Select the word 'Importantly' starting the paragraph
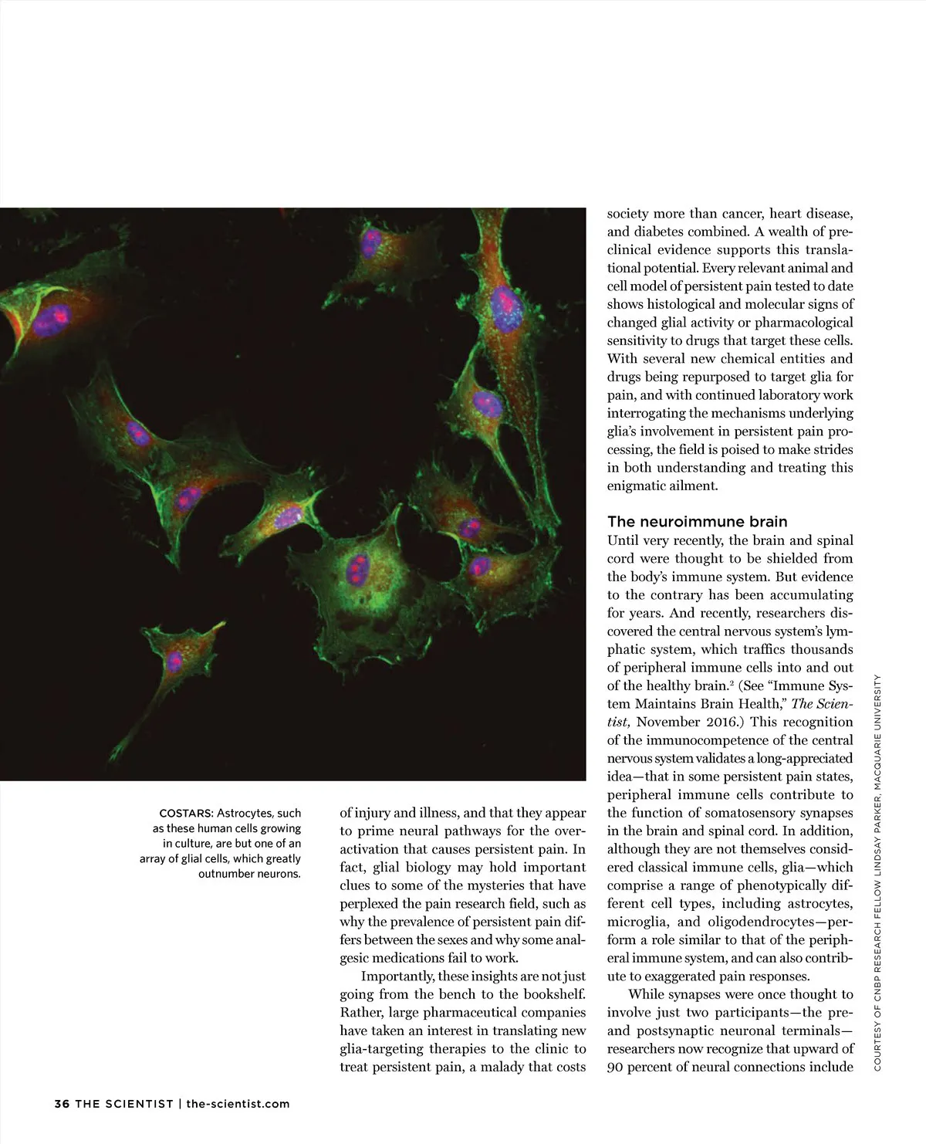point(397,976)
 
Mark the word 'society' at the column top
point(627,214)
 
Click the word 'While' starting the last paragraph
point(646,994)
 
